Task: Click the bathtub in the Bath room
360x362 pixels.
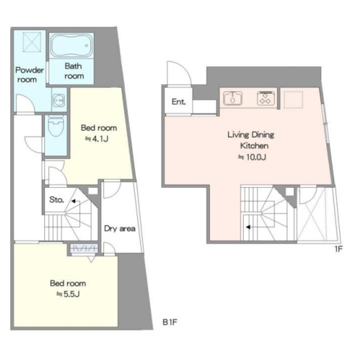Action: (x=72, y=45)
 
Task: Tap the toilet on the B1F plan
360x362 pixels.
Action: (x=56, y=126)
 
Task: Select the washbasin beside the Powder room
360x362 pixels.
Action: (x=59, y=100)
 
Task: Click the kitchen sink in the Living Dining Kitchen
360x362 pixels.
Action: (x=233, y=98)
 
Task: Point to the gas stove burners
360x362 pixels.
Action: (x=266, y=98)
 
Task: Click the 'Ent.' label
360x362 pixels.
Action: (x=179, y=102)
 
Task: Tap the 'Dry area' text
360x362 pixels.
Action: (x=120, y=229)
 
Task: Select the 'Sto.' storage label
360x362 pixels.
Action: (x=57, y=200)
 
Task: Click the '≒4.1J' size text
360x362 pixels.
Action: (x=97, y=139)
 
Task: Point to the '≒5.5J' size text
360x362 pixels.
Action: (x=68, y=294)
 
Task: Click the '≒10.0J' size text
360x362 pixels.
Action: (x=252, y=157)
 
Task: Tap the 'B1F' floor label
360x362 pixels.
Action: (x=170, y=322)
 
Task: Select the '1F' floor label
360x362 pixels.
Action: (x=339, y=249)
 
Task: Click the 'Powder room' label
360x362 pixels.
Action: (x=29, y=75)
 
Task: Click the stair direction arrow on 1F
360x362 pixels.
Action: (x=248, y=227)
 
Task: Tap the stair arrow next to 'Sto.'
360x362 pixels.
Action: (x=73, y=201)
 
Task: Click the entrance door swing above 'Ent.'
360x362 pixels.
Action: (x=179, y=74)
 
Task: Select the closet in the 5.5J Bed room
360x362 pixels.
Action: (x=84, y=249)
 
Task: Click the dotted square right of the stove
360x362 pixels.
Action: (x=293, y=100)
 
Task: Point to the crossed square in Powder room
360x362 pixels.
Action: (x=32, y=42)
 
